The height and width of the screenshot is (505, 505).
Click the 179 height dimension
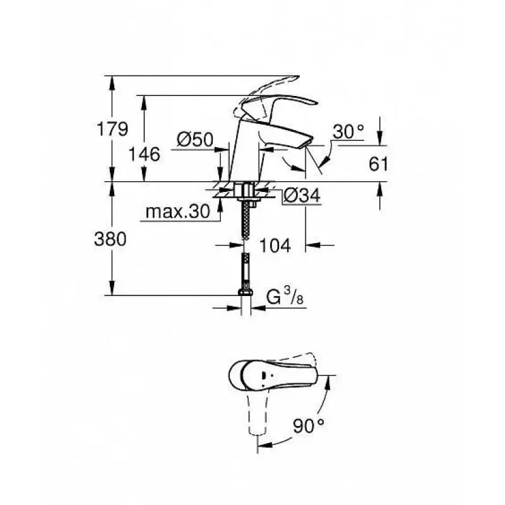(x=112, y=129)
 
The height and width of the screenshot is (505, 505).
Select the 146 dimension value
(x=144, y=154)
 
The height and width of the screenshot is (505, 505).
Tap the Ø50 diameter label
(x=195, y=140)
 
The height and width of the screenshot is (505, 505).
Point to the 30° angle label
(x=348, y=131)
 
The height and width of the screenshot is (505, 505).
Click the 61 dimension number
(x=378, y=164)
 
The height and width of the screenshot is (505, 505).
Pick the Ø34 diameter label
(x=302, y=195)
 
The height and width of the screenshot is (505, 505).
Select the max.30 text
(x=178, y=211)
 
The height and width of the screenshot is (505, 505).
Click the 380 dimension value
(x=110, y=239)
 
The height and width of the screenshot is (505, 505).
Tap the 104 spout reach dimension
(x=275, y=246)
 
